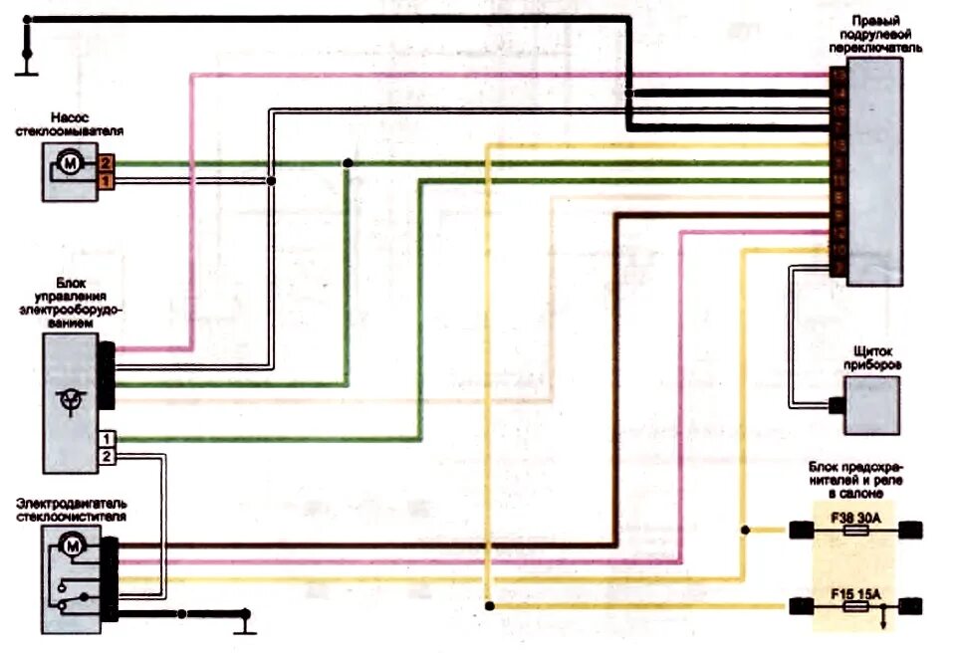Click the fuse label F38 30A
click(x=855, y=519)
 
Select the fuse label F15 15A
click(x=855, y=592)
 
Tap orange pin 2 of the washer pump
click(x=107, y=162)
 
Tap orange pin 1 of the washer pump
click(x=107, y=180)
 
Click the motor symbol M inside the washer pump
click(x=70, y=162)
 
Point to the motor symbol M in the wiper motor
click(x=71, y=544)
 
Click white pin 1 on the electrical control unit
click(x=107, y=439)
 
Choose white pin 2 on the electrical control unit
click(x=107, y=456)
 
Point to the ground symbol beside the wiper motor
click(x=243, y=625)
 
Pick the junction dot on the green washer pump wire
click(x=347, y=163)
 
